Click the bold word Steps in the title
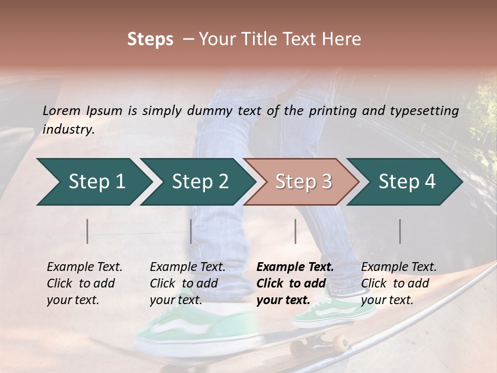click(x=150, y=39)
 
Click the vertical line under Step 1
click(x=87, y=231)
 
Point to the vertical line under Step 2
click(x=191, y=231)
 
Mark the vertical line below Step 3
click(x=295, y=231)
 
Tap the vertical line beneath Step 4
click(x=400, y=231)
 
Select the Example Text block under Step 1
click(x=84, y=283)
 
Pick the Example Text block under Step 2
click(x=187, y=283)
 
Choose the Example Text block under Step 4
click(x=399, y=283)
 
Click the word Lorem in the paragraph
click(x=62, y=110)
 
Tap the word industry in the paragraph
click(x=68, y=129)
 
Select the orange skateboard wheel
click(x=340, y=342)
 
